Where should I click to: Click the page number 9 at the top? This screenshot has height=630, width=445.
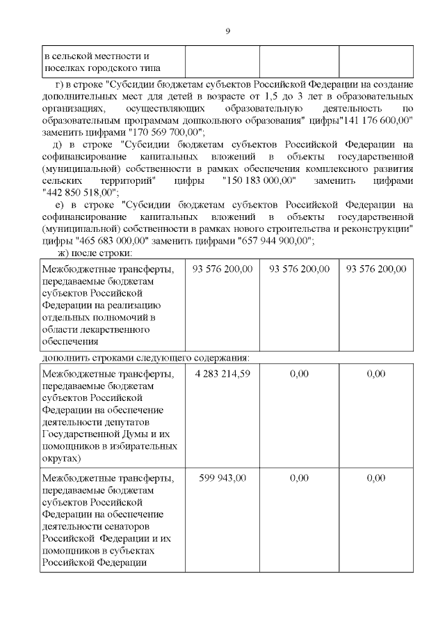coord(227,31)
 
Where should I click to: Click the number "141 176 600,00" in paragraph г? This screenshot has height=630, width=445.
coord(374,120)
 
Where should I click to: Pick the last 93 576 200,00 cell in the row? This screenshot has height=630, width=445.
coord(376,269)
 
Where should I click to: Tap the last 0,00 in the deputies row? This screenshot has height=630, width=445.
coord(376,374)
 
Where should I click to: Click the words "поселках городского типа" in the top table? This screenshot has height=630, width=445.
coord(102,68)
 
